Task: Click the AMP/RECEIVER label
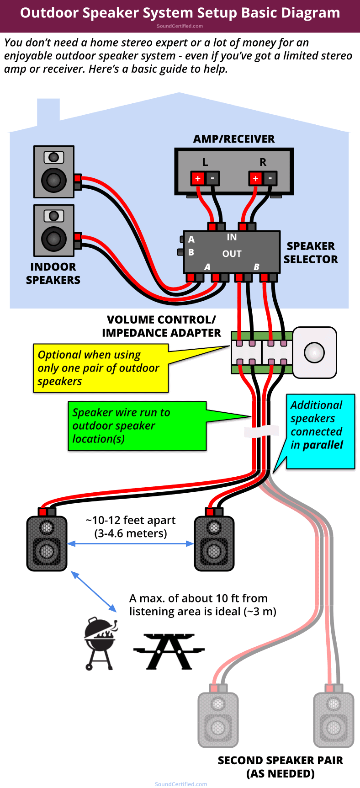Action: [x=233, y=139]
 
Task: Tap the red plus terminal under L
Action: [x=198, y=178]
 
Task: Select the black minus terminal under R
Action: [x=270, y=178]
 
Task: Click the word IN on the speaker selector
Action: [x=232, y=237]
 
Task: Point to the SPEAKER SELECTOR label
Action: [x=311, y=253]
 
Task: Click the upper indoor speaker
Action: [x=54, y=172]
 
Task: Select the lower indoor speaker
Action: [x=54, y=230]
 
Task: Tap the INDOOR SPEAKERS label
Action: [x=53, y=273]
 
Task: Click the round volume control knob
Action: [x=314, y=352]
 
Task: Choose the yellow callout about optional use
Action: [x=101, y=368]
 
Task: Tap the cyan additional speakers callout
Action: [x=320, y=431]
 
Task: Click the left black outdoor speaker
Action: [x=47, y=543]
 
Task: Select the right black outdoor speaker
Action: [x=214, y=543]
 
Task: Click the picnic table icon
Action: [x=169, y=651]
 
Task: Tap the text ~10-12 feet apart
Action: [x=131, y=520]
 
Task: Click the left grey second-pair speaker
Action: [x=218, y=719]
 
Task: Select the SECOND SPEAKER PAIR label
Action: [x=280, y=767]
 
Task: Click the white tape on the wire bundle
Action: [x=261, y=431]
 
